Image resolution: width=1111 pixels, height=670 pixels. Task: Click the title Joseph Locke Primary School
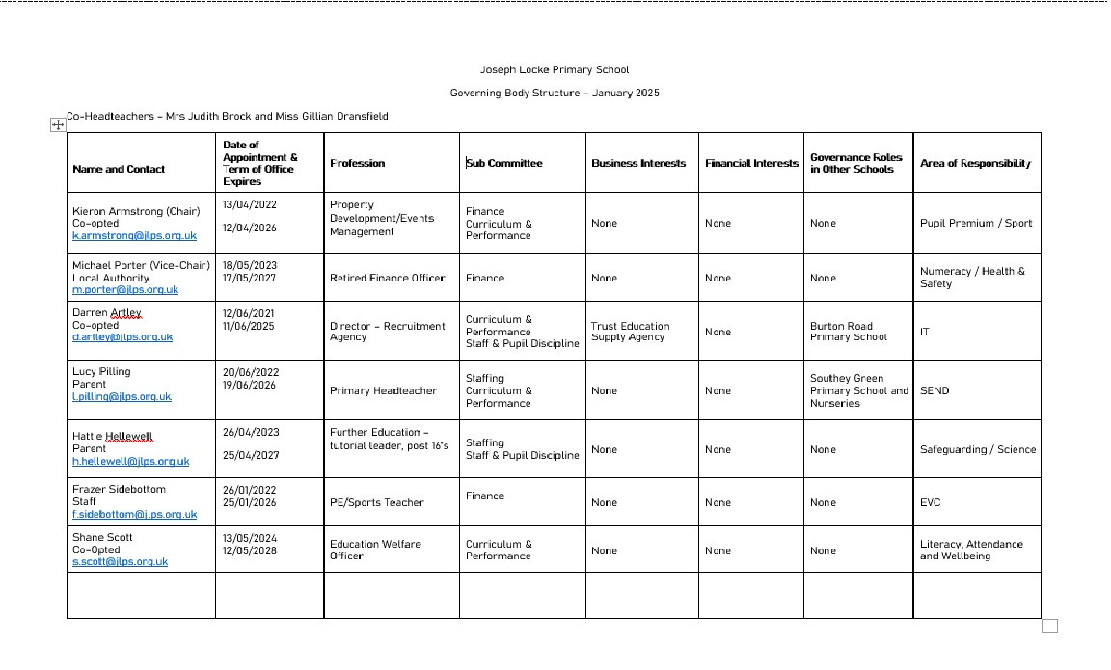pos(555,69)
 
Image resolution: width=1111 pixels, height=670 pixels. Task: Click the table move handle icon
pos(57,124)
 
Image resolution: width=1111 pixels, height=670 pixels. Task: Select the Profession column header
pos(357,163)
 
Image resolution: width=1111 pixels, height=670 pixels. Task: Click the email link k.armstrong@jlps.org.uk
pos(134,236)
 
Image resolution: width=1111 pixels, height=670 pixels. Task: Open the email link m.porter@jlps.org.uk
pos(125,289)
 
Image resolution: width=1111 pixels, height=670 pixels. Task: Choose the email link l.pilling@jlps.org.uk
pos(122,396)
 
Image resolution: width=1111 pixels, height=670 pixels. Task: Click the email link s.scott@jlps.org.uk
pos(120,561)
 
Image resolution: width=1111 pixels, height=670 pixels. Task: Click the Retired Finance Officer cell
pos(388,278)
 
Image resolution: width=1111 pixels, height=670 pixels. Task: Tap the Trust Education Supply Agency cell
pos(630,332)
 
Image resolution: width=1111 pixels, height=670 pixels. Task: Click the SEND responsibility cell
pos(935,390)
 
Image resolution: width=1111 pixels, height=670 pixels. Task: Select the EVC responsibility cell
pos(930,502)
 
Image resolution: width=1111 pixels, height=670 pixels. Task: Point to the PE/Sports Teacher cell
pos(377,502)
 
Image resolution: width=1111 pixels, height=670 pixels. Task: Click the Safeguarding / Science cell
pos(977,449)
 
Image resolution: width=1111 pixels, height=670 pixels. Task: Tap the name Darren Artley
pos(107,312)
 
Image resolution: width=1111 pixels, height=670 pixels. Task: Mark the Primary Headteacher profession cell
pos(383,390)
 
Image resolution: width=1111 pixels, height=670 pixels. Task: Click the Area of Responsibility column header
pos(975,163)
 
